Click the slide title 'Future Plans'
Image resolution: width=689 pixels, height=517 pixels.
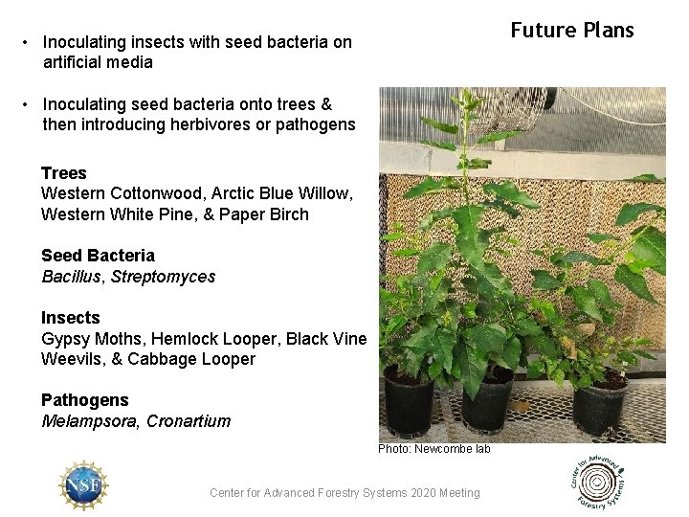(x=572, y=31)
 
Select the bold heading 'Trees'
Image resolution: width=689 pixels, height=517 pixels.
(x=64, y=173)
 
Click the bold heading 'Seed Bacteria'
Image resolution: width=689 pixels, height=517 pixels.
(x=98, y=256)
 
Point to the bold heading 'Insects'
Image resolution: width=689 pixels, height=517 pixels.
(x=70, y=318)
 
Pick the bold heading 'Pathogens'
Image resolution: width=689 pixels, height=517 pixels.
(x=84, y=400)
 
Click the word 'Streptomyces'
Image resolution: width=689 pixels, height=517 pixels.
(x=164, y=277)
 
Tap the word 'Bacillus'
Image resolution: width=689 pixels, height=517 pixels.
(x=74, y=277)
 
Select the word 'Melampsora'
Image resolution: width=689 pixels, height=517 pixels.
(x=90, y=421)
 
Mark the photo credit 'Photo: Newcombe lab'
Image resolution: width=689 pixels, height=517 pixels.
(x=433, y=449)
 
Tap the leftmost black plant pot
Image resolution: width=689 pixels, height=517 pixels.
(x=409, y=403)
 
